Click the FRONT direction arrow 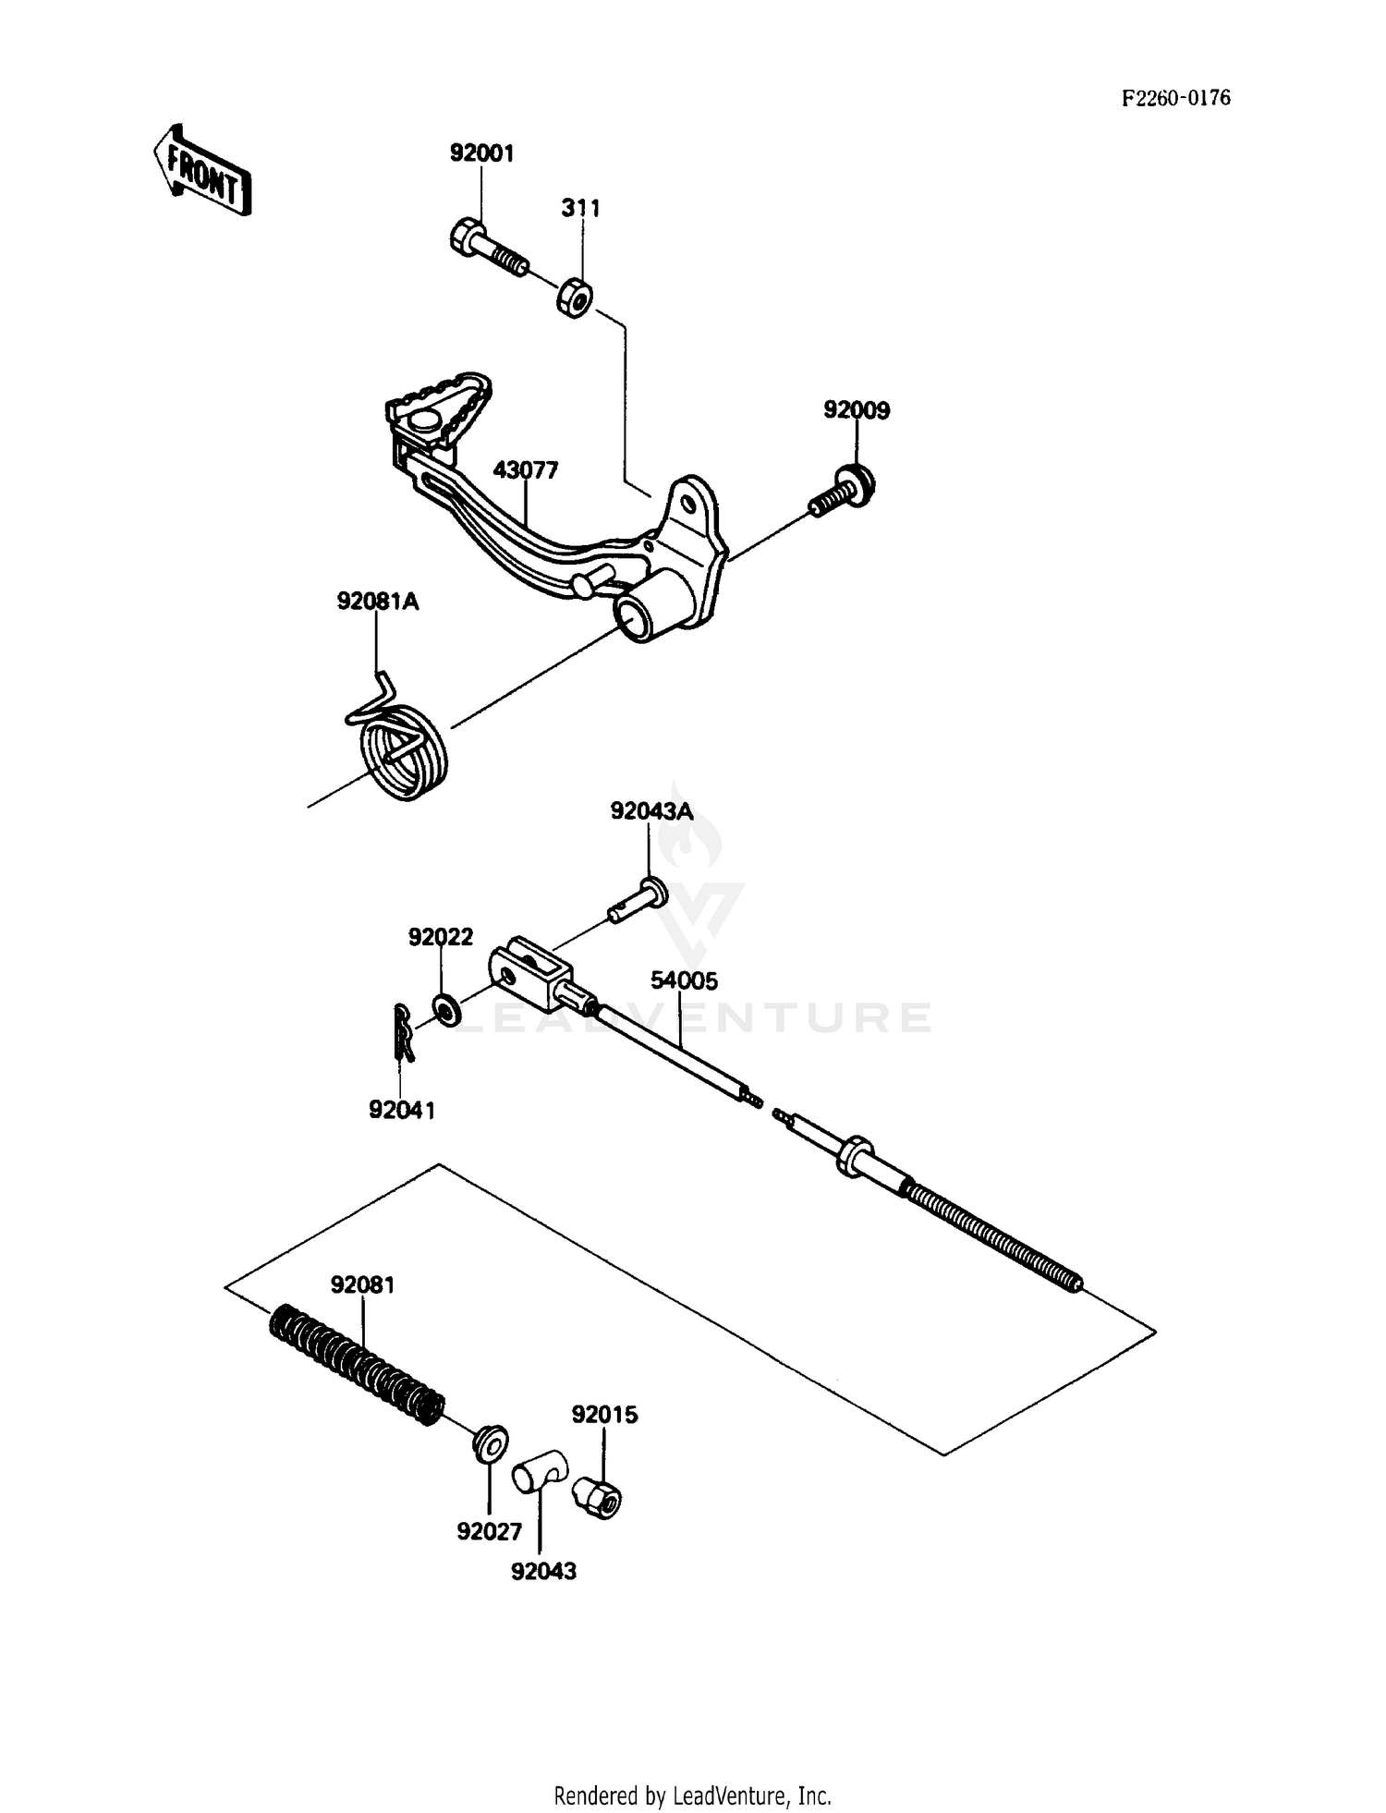tap(202, 171)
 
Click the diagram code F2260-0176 tap(1175, 98)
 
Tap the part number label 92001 tap(481, 153)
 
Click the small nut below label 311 tap(575, 297)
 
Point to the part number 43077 tap(526, 470)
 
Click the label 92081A tap(377, 602)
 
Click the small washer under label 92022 tap(444, 1009)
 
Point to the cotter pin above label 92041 tap(402, 1033)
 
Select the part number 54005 tap(684, 980)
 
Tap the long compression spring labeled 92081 tap(356, 1363)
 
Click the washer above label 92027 tap(489, 1443)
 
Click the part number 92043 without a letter tap(543, 1571)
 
